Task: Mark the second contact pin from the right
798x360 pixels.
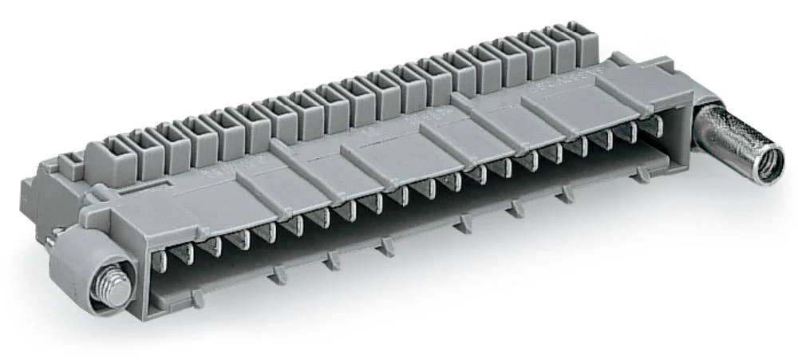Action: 631,132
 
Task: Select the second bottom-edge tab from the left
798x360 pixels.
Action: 278,275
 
